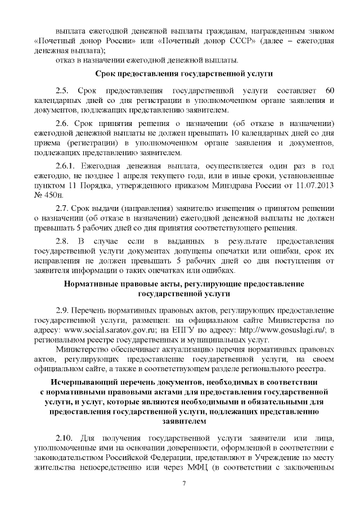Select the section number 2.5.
(x=62, y=91)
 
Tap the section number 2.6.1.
(x=66, y=167)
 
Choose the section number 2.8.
(x=62, y=241)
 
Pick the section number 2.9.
(x=62, y=310)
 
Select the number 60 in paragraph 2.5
(x=331, y=91)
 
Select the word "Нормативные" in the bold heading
(x=93, y=282)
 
